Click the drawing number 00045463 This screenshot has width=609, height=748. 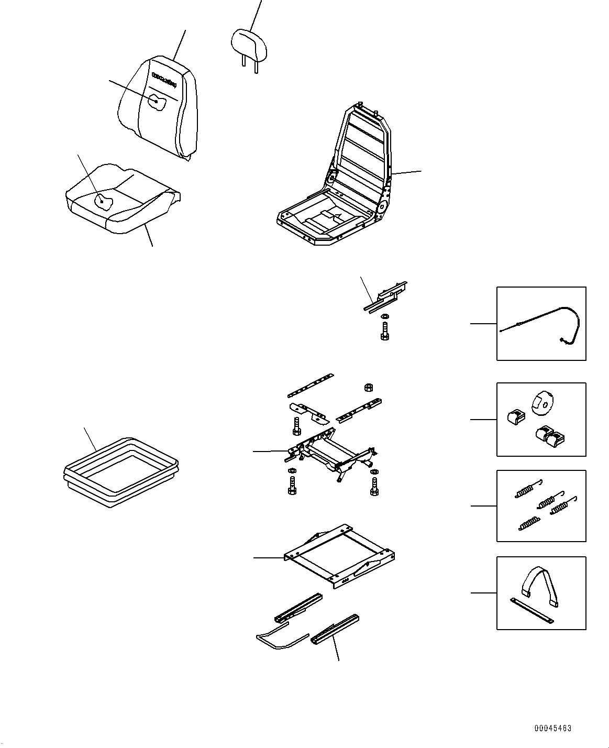(x=553, y=729)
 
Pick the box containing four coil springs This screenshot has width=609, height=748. (x=541, y=505)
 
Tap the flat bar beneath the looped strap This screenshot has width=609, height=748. (x=531, y=611)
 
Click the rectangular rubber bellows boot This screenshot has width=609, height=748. (x=120, y=471)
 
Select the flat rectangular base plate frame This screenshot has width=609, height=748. (x=339, y=555)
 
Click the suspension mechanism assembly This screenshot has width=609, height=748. (x=333, y=453)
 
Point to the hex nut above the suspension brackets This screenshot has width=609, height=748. (x=368, y=388)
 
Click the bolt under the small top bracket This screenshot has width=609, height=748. (x=386, y=332)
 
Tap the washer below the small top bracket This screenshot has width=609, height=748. (x=385, y=317)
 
